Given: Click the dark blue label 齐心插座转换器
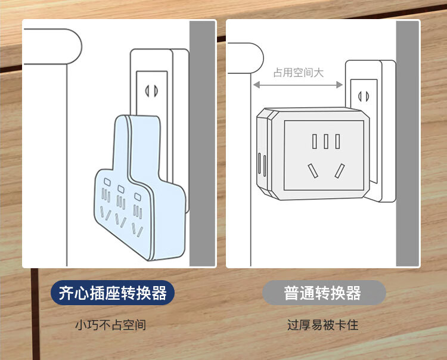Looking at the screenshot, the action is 113,293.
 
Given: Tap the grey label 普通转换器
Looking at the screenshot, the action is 324,293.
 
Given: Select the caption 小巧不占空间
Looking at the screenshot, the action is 110,325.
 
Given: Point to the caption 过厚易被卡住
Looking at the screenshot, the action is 323,325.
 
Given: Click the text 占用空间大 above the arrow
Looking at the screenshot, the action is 299,73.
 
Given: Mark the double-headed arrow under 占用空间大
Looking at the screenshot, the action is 299,85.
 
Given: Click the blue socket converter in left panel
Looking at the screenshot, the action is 140,191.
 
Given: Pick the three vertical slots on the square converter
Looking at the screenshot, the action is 325,141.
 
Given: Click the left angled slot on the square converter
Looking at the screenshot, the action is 312,171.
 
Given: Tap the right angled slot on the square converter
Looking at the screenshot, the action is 339,171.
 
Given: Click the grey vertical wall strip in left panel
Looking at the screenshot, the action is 202,143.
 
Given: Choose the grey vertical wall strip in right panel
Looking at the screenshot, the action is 408,143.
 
